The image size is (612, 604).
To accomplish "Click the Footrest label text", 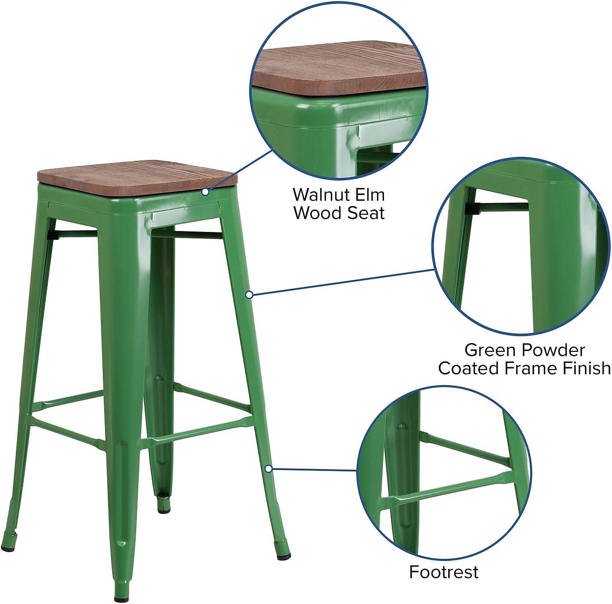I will [x=443, y=572].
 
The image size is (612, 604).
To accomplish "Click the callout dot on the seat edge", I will [x=205, y=192].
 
